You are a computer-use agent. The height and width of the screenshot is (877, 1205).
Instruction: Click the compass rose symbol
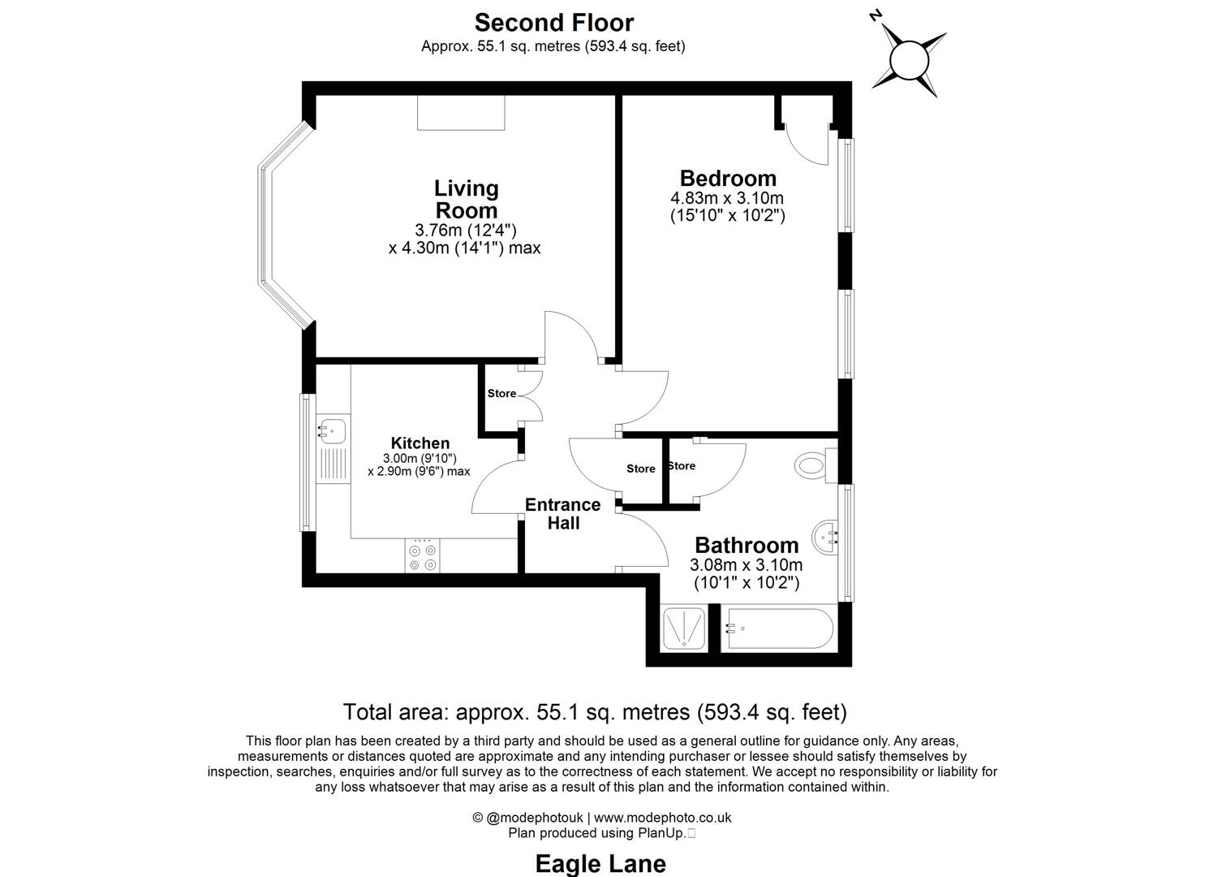909,59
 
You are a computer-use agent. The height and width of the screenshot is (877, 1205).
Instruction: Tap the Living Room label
466,199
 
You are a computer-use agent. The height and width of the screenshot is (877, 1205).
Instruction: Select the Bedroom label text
728,178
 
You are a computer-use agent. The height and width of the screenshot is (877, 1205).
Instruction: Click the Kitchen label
420,443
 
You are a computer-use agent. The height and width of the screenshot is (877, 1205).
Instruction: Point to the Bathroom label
747,545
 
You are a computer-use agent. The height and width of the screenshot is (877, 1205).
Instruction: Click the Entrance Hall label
562,513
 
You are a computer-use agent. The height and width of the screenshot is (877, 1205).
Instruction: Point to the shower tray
685,629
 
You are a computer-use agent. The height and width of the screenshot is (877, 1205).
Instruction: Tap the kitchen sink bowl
331,430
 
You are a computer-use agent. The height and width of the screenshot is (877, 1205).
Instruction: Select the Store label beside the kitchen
501,393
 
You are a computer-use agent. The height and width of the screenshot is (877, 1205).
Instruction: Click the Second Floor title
554,22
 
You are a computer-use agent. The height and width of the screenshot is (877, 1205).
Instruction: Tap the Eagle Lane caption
600,863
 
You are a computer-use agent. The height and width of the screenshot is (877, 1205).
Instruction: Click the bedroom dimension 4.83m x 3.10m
726,198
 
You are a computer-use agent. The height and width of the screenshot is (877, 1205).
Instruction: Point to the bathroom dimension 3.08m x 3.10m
746,565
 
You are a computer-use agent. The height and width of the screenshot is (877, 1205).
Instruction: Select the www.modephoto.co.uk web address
663,818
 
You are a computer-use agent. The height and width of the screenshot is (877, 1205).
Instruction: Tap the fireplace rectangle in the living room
461,112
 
